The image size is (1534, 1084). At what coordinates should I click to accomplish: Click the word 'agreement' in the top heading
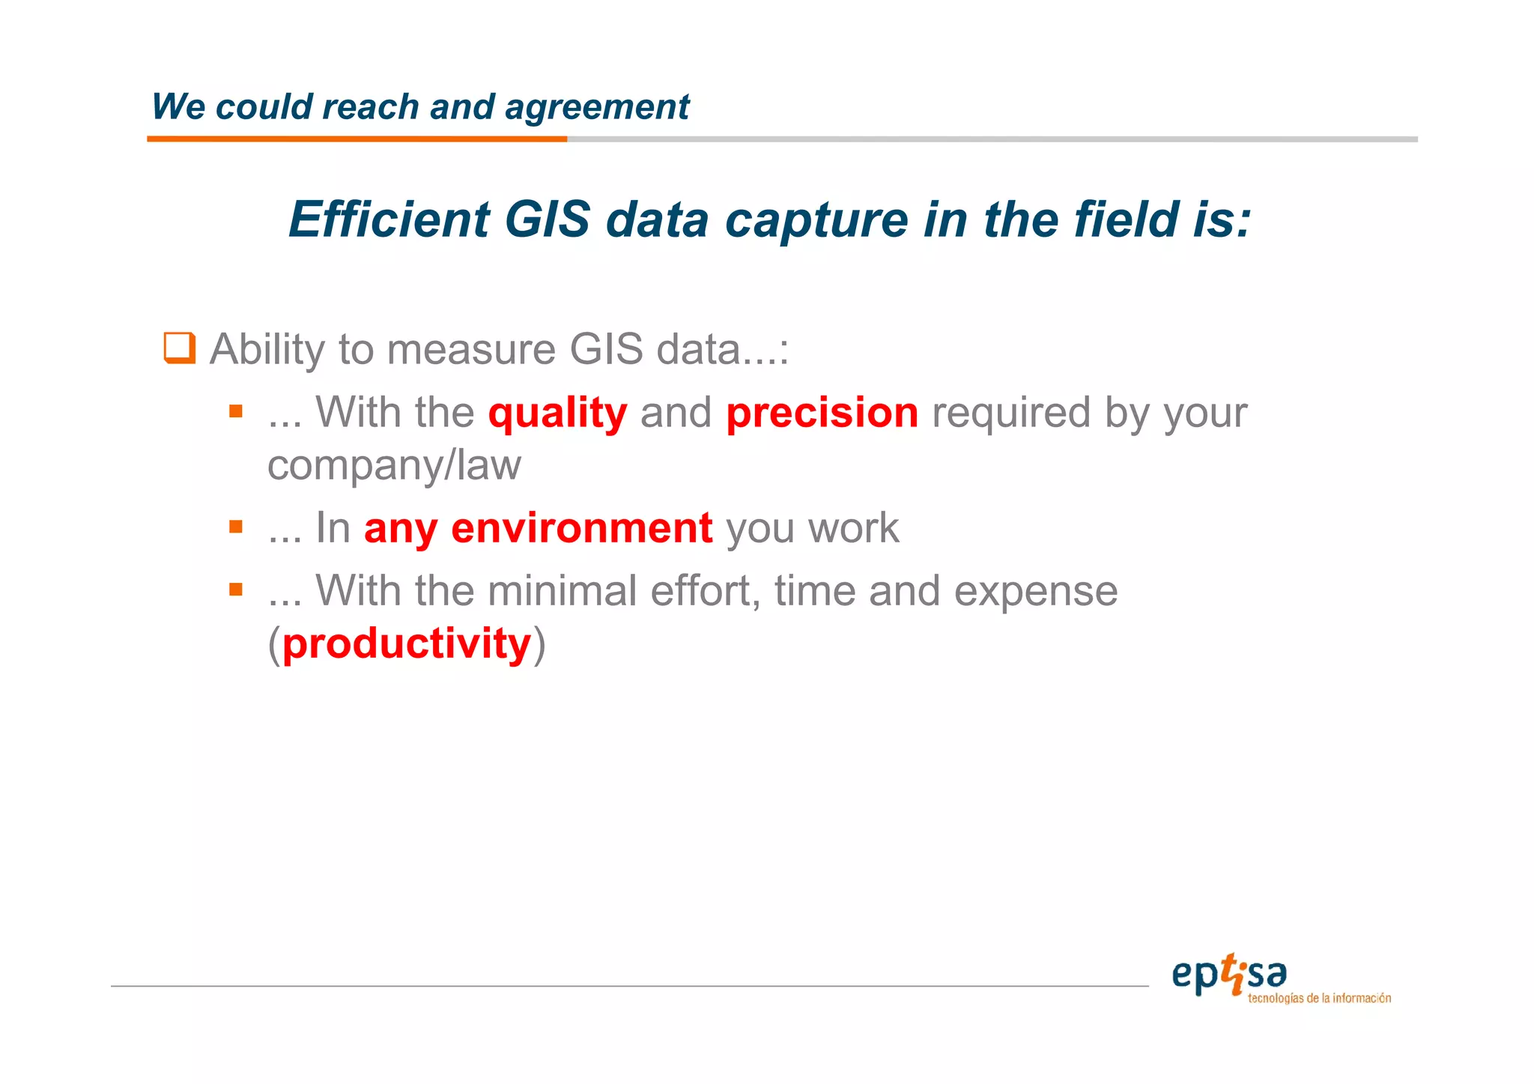point(597,107)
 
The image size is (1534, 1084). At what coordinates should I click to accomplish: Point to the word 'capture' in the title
point(816,221)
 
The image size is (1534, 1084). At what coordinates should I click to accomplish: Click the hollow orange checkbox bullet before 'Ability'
point(180,348)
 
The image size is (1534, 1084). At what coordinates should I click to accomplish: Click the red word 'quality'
point(557,414)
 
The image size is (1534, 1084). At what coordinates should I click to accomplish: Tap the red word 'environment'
point(581,528)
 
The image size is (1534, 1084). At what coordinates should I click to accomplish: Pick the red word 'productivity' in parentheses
point(407,644)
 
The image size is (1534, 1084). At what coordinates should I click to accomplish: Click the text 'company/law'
point(394,465)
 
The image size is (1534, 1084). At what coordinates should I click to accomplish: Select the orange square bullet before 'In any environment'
point(236,527)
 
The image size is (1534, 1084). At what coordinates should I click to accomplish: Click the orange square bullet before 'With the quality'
point(236,411)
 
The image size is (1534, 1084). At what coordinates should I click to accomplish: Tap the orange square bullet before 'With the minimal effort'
point(236,590)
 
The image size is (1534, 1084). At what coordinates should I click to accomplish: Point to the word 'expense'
point(1035,592)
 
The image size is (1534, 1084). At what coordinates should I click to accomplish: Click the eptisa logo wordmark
point(1228,974)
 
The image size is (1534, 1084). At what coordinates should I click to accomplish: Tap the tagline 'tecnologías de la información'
point(1319,999)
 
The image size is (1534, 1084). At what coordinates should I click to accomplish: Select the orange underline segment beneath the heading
point(357,139)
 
